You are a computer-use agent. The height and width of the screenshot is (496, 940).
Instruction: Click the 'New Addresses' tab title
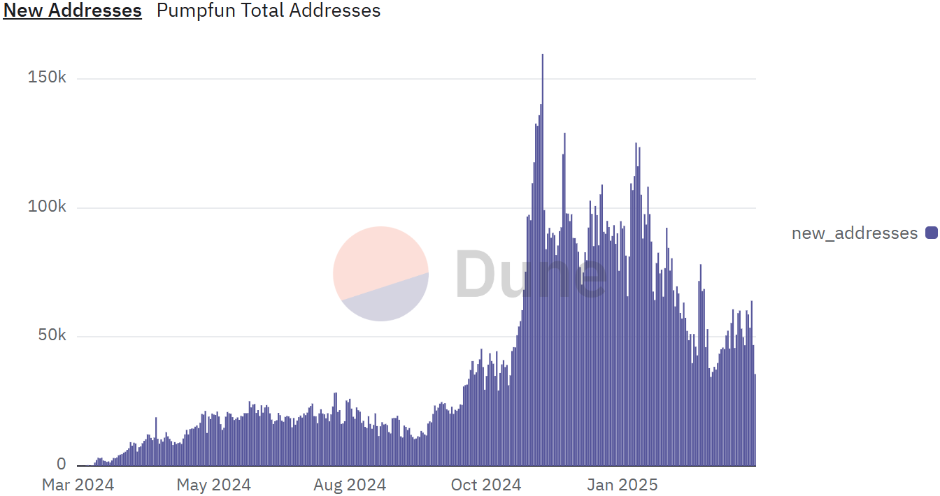click(x=73, y=10)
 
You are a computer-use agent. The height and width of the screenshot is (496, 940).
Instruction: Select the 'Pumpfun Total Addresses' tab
click(x=269, y=10)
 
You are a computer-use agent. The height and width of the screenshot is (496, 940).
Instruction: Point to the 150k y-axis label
click(x=47, y=78)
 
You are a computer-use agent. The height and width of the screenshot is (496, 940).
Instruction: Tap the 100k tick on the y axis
click(x=47, y=207)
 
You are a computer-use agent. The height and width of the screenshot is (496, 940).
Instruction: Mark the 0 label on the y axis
click(x=61, y=465)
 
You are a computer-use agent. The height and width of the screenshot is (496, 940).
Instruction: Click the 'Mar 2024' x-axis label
click(x=78, y=485)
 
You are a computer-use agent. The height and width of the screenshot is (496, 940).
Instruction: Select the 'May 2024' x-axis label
click(x=213, y=485)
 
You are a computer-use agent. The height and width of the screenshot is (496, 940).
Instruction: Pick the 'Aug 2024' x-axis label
click(x=350, y=485)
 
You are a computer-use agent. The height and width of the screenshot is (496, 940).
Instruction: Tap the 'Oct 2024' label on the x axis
click(x=485, y=485)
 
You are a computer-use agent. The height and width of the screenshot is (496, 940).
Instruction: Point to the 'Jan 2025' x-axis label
click(x=622, y=485)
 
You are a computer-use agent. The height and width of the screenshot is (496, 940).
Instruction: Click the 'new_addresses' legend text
click(x=854, y=233)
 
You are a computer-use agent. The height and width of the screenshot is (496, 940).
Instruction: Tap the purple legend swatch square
click(x=931, y=233)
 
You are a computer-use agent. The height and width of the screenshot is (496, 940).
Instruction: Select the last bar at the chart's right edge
click(x=755, y=419)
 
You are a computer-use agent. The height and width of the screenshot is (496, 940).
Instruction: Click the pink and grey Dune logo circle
click(x=380, y=274)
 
